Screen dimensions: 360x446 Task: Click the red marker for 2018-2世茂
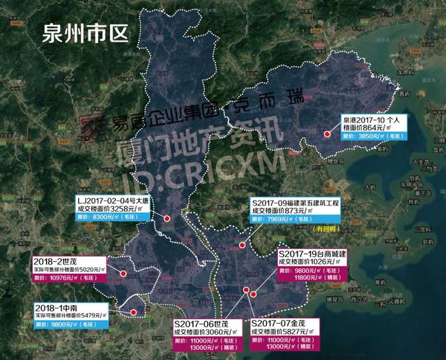click(123, 274)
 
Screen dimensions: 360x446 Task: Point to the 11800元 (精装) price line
click(312, 278)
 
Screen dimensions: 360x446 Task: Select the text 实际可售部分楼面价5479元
click(69, 315)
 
